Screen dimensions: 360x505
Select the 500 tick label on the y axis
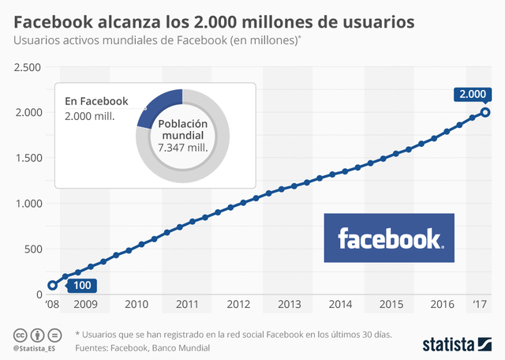pyautogui.click(x=31, y=249)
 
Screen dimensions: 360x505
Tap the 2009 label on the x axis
pyautogui.click(x=85, y=304)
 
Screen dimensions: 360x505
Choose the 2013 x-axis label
pyautogui.click(x=289, y=304)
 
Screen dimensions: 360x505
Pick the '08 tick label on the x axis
pyautogui.click(x=52, y=304)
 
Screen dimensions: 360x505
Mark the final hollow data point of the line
pyautogui.click(x=486, y=112)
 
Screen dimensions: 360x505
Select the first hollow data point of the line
pyautogui.click(x=52, y=286)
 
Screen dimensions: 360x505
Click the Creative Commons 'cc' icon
pyautogui.click(x=17, y=335)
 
